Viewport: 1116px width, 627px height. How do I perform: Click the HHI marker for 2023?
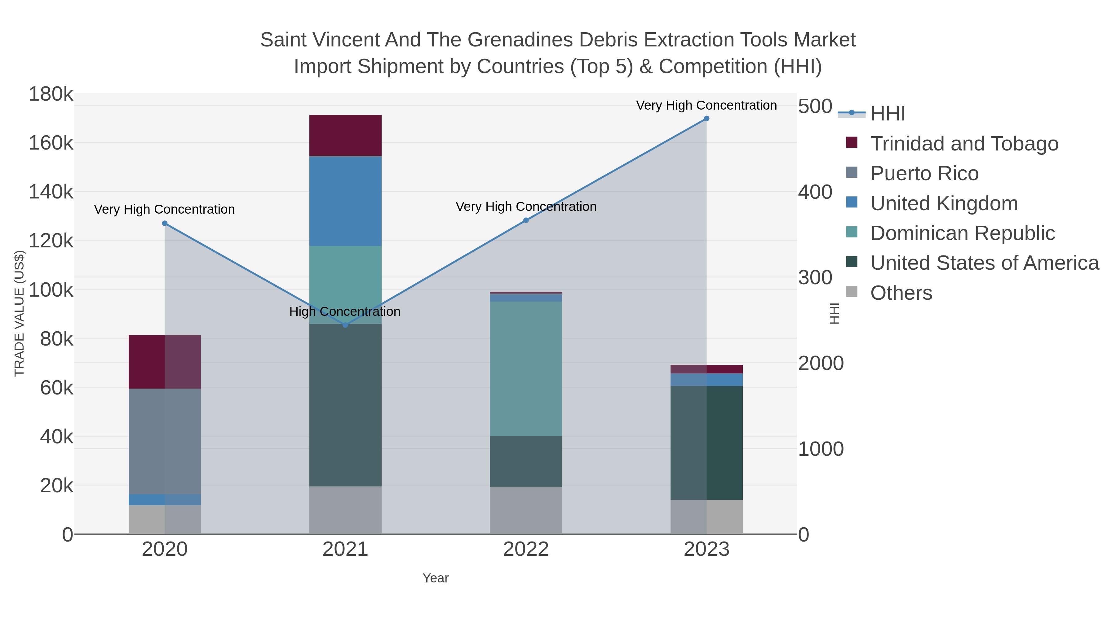706,119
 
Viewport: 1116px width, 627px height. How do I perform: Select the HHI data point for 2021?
345,325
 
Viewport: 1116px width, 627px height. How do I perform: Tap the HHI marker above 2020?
165,223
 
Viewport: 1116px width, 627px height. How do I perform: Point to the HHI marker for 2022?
526,220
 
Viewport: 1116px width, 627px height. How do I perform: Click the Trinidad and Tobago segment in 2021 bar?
345,135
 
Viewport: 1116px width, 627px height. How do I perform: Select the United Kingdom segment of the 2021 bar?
345,201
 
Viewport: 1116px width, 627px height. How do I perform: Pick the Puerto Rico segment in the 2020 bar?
165,441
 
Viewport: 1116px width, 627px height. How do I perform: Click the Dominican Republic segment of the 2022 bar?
526,368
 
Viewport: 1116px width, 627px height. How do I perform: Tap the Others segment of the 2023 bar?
706,517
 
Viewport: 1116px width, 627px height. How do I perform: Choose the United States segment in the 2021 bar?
345,405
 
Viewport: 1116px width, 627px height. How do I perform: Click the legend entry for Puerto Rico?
924,173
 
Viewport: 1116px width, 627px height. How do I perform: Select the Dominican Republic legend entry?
962,233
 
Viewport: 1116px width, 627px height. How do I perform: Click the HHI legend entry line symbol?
851,113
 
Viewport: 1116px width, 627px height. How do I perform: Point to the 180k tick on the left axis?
51,94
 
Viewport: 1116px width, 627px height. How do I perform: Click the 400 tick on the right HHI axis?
815,192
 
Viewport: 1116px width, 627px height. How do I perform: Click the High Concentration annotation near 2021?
345,311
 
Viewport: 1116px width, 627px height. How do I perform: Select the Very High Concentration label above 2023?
706,105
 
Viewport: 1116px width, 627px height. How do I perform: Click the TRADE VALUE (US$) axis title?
20,313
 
